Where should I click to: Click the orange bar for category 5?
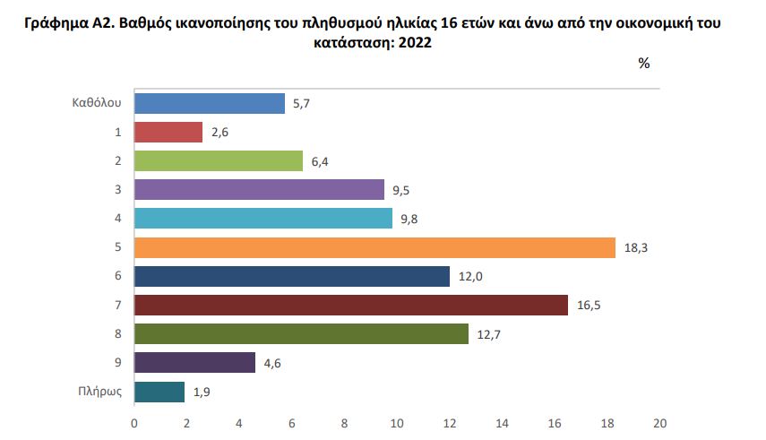pyautogui.click(x=374, y=247)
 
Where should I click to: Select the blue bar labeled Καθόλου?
pyautogui.click(x=210, y=104)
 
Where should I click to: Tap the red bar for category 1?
pyautogui.click(x=168, y=133)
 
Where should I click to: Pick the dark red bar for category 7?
pyautogui.click(x=351, y=305)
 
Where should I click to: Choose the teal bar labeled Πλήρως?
pyautogui.click(x=159, y=392)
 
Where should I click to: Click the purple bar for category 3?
pyautogui.click(x=259, y=190)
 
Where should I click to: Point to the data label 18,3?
pyautogui.click(x=635, y=248)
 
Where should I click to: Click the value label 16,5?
pyautogui.click(x=588, y=306)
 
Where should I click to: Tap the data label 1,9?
pyautogui.click(x=203, y=393)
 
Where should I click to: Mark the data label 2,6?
pyautogui.click(x=221, y=134)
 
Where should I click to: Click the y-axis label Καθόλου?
pyautogui.click(x=96, y=104)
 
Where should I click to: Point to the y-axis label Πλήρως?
pyautogui.click(x=99, y=392)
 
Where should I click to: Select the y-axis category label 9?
pyautogui.click(x=117, y=363)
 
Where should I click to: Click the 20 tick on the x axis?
pyautogui.click(x=660, y=422)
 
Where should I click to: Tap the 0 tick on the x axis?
pyautogui.click(x=134, y=422)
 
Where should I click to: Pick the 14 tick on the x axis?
pyautogui.click(x=503, y=422)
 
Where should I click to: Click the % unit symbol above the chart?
pyautogui.click(x=643, y=64)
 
